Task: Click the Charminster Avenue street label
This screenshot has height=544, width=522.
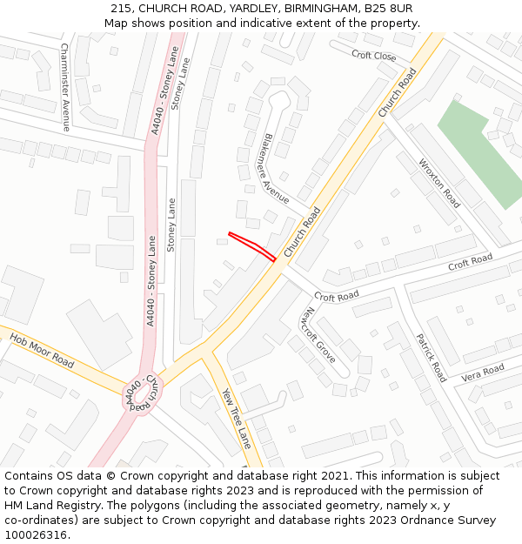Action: click(65, 87)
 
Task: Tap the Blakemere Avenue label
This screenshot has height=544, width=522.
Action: click(276, 169)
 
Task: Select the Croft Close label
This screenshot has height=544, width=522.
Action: click(374, 56)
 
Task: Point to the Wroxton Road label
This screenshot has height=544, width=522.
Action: click(439, 182)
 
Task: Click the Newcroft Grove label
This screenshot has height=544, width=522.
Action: click(318, 335)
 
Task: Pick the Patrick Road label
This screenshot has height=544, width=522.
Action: click(430, 358)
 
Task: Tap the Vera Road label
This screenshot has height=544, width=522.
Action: click(483, 373)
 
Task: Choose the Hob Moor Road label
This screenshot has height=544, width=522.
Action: click(41, 347)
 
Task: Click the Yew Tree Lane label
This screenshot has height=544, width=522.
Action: click(237, 418)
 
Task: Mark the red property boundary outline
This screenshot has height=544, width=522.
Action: click(252, 245)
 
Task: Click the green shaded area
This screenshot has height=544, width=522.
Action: click(481, 153)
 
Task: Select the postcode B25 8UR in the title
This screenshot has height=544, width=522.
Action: click(387, 9)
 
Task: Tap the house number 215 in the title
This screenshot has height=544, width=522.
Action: click(120, 9)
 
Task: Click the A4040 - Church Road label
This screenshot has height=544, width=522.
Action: click(144, 393)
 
